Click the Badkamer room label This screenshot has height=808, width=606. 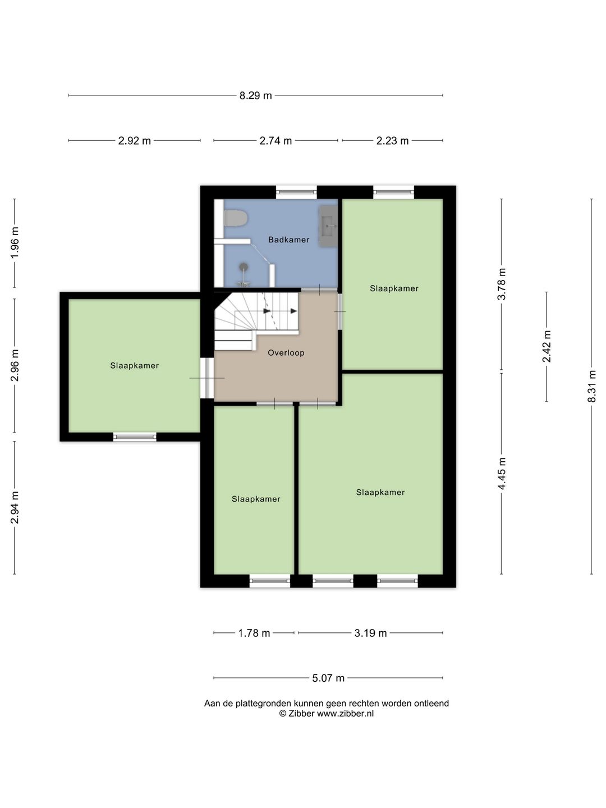[x=288, y=240]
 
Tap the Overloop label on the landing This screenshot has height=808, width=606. [x=286, y=352]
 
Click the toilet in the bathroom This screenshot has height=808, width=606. [x=235, y=218]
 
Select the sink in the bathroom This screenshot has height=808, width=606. [x=328, y=226]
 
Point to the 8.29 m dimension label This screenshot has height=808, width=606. [x=256, y=96]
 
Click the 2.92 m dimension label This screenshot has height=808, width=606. [x=134, y=141]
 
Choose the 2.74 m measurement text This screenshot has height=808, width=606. [x=276, y=141]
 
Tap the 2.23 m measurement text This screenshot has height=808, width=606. [x=392, y=141]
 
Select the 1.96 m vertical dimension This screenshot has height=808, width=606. [x=15, y=243]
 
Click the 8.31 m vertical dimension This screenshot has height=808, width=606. [x=591, y=386]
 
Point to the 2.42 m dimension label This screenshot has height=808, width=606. [x=547, y=346]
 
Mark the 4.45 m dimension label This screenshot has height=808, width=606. [x=502, y=474]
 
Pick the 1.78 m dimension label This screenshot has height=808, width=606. [x=254, y=633]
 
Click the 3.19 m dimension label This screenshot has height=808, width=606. [x=370, y=633]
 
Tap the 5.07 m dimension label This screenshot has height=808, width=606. [x=328, y=678]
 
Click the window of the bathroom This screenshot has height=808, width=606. [x=296, y=192]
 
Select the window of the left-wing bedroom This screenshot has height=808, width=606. [x=135, y=437]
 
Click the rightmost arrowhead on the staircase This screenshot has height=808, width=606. [x=293, y=311]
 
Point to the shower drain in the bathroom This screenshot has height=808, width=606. [x=243, y=267]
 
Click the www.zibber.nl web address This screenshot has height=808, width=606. [x=345, y=713]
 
